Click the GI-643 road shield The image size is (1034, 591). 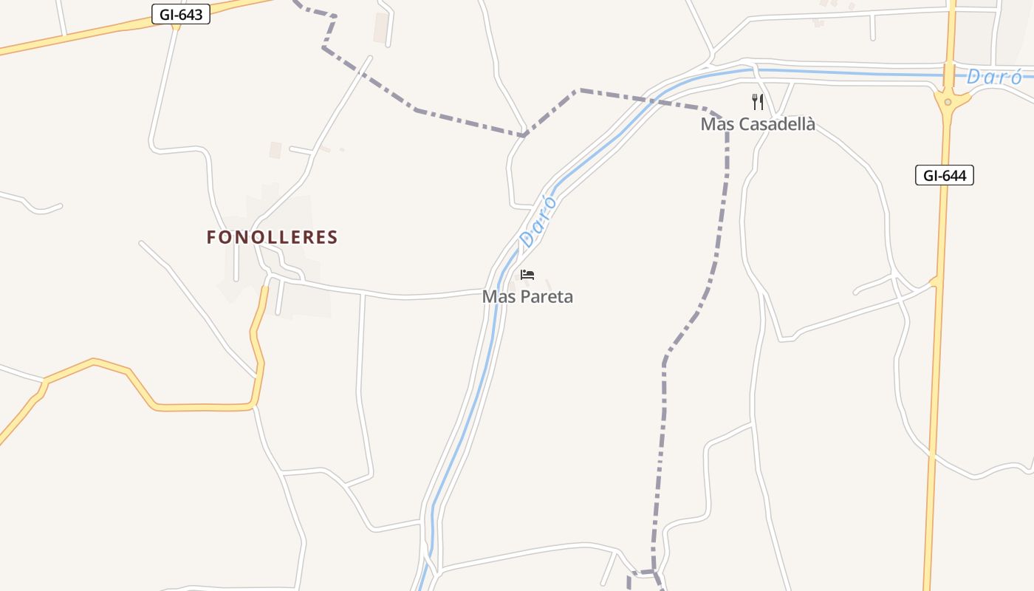[181, 14]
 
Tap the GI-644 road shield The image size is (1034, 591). [945, 175]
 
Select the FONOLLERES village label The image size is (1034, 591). [272, 237]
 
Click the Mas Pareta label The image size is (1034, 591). [527, 296]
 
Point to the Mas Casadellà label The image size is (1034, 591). [758, 124]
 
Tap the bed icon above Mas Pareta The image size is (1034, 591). [527, 275]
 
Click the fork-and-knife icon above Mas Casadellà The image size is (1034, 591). [758, 101]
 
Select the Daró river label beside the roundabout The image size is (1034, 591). [994, 77]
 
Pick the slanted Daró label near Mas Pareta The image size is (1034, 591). [538, 221]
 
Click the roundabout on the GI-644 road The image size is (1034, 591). [947, 99]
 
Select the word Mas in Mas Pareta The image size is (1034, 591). [497, 296]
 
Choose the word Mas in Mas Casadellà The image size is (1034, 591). [716, 124]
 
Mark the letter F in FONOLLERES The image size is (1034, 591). [211, 237]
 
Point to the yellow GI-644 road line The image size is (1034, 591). [937, 369]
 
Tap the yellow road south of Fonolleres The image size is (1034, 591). [199, 407]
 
